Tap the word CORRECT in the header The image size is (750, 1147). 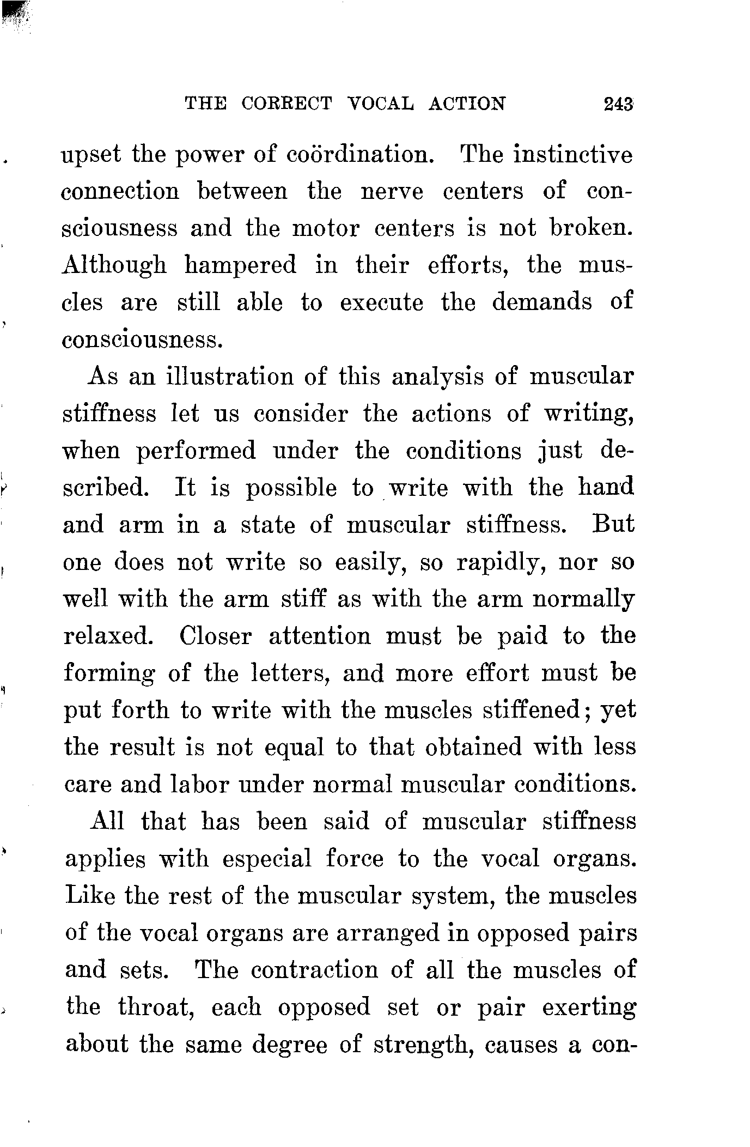tap(286, 104)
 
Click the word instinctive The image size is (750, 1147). tap(574, 155)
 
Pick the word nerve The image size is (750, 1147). tap(392, 192)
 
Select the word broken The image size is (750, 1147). tap(592, 228)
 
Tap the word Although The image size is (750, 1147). tap(114, 266)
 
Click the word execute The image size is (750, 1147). tap(381, 302)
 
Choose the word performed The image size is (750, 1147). tap(196, 452)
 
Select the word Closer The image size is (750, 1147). tap(216, 636)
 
